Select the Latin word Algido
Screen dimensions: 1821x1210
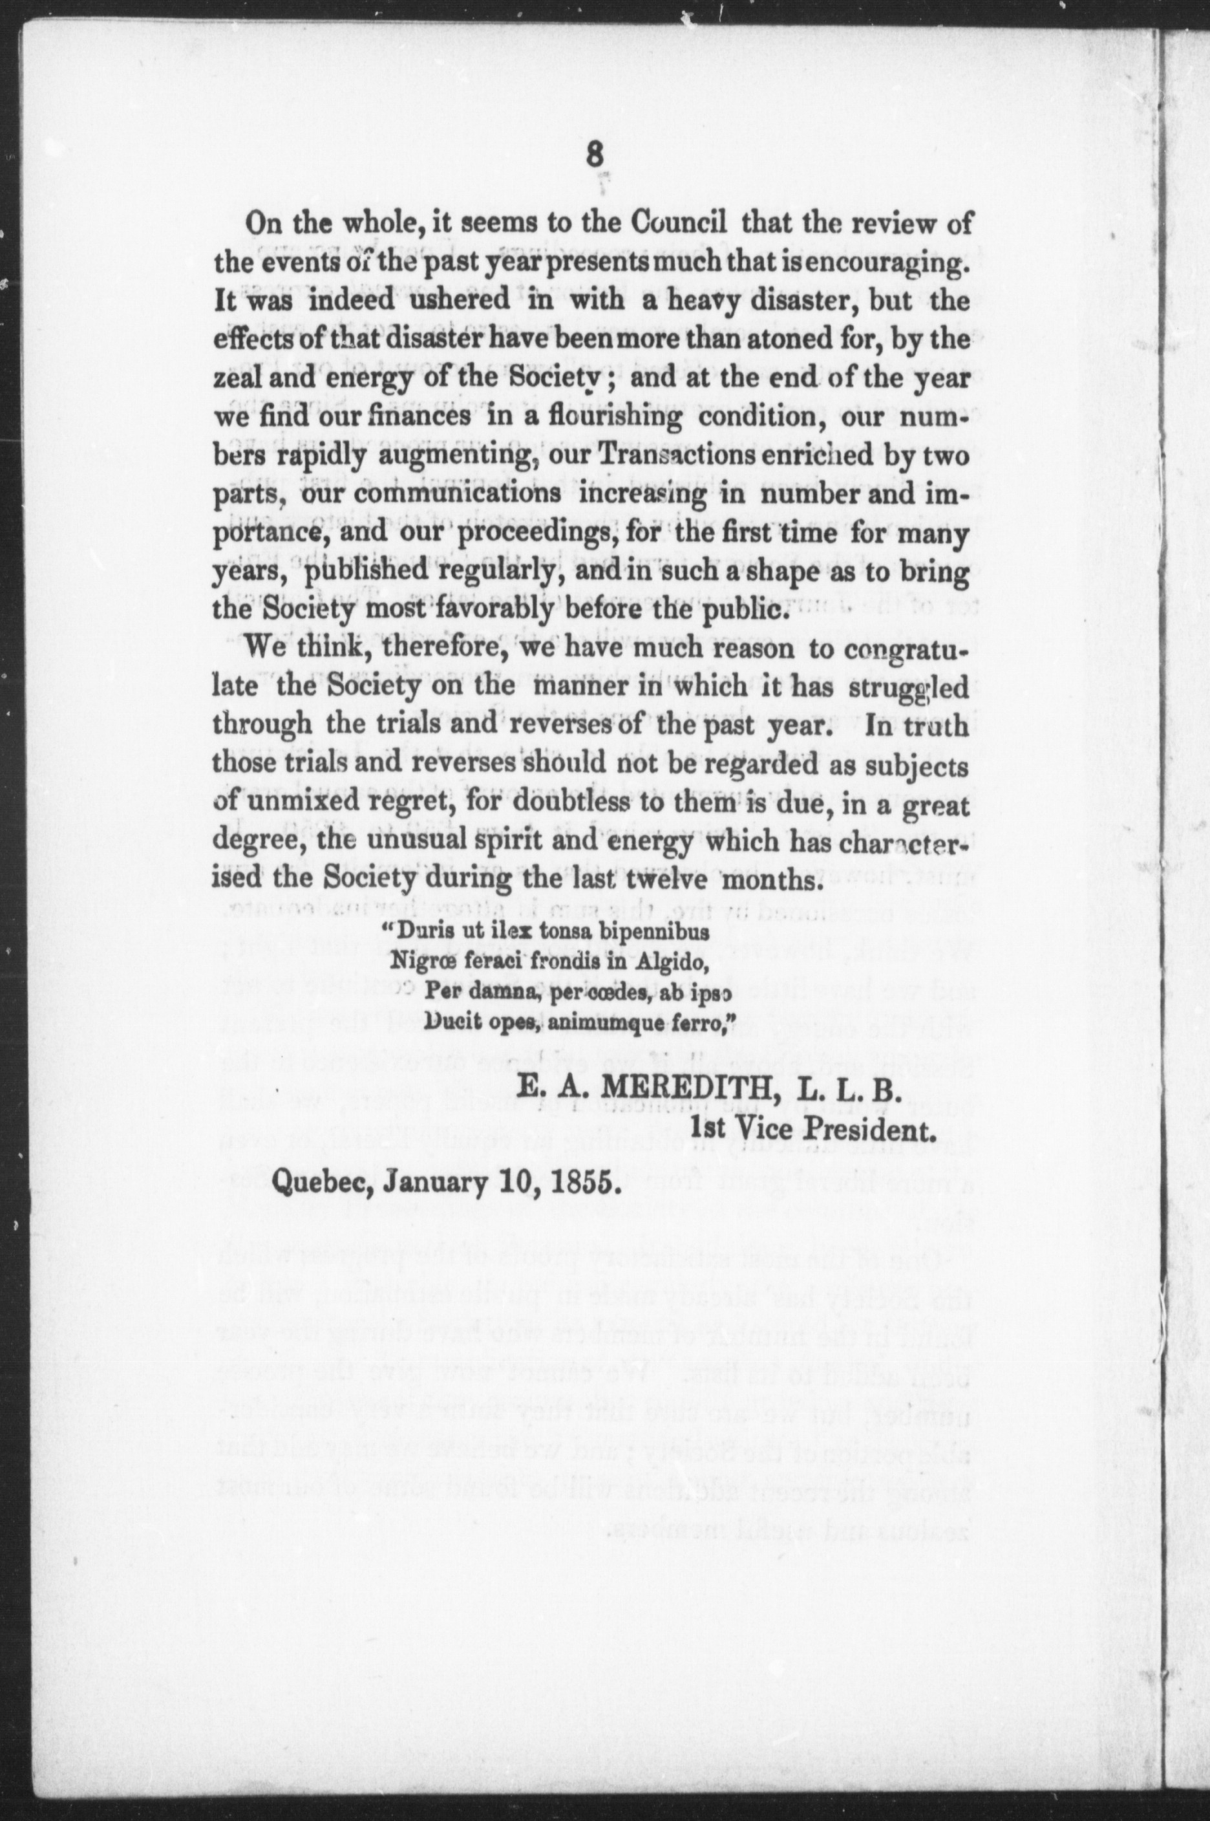coord(668,962)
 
